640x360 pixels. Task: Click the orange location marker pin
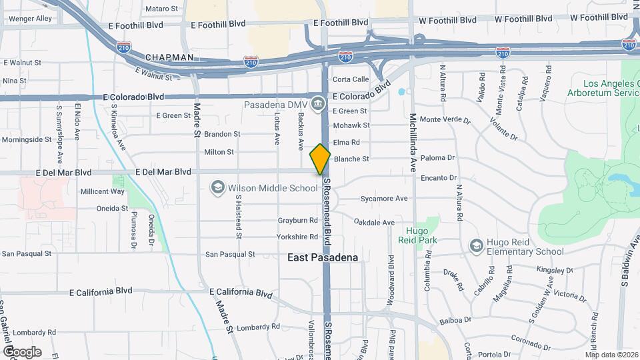[320, 159]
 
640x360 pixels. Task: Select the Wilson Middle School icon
[217, 188]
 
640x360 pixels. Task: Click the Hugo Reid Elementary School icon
[476, 247]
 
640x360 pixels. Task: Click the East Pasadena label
[323, 257]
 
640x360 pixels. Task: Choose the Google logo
[21, 352]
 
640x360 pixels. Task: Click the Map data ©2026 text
[612, 354]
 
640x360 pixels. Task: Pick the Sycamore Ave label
[383, 199]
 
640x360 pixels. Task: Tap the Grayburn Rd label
[298, 220]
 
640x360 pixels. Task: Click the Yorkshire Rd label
[297, 237]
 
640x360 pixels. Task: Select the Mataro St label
[162, 9]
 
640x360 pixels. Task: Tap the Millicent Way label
[102, 191]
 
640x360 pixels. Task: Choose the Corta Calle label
[351, 79]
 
